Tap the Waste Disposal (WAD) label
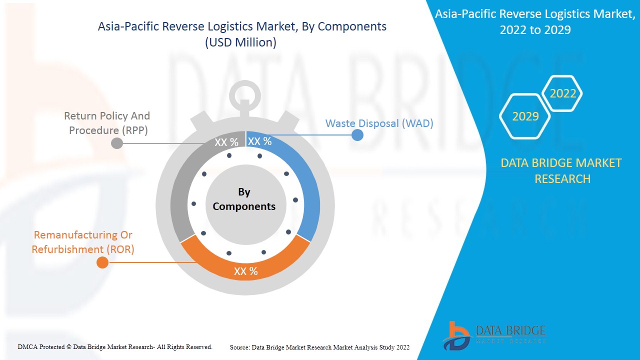pos(379,123)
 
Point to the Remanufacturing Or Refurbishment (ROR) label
pos(83,242)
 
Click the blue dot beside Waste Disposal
pos(357,134)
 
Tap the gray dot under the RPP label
pos(116,143)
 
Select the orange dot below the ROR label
pos(102,262)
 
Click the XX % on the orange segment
pos(246,271)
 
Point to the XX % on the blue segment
pos(260,141)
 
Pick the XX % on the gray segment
pos(226,142)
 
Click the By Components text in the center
pos(244,199)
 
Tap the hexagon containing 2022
pos(562,93)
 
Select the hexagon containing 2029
pos(525,116)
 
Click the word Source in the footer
pos(239,347)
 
